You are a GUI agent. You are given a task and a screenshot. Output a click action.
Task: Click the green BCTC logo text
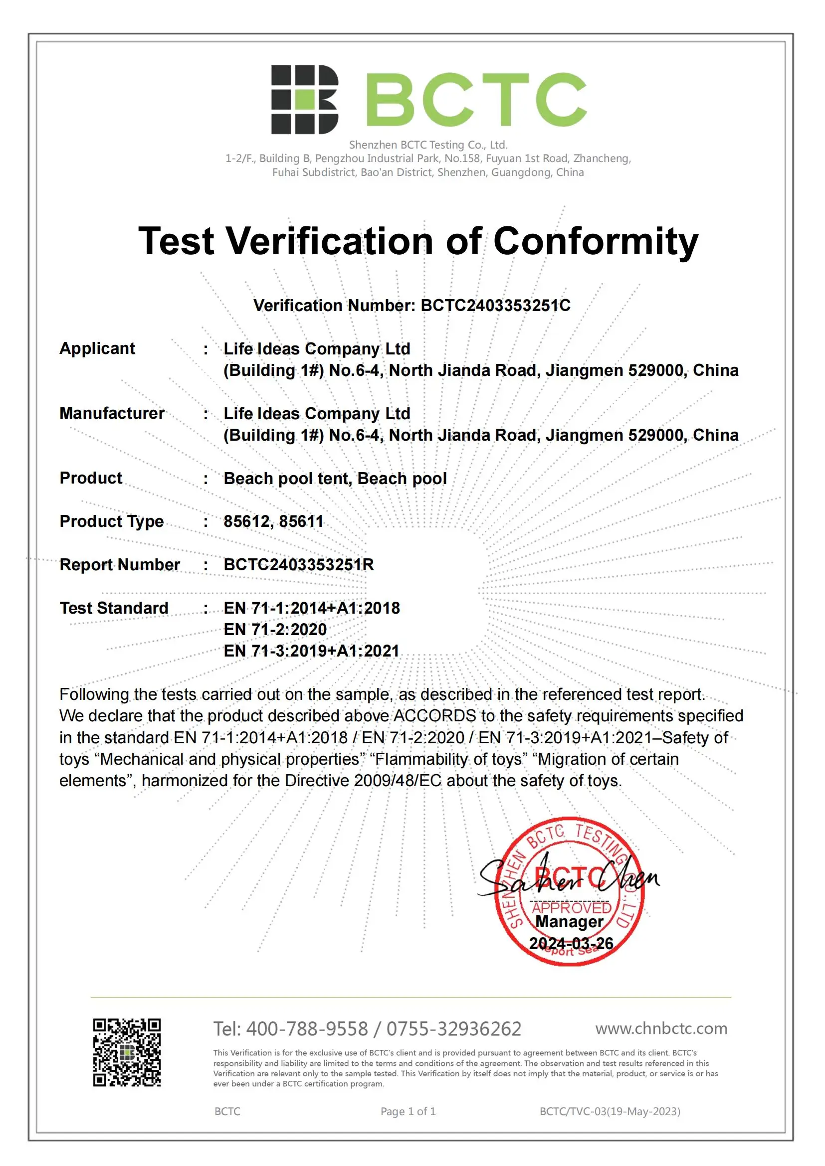(475, 99)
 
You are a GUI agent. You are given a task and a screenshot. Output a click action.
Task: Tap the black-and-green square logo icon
(304, 100)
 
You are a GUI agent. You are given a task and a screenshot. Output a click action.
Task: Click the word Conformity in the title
(596, 241)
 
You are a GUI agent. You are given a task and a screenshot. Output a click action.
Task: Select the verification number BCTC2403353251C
(495, 305)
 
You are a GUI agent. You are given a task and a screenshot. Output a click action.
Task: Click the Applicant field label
(97, 348)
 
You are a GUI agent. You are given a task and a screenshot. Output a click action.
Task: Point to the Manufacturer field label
(112, 413)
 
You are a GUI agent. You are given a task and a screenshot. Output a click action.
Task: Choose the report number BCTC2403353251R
(299, 565)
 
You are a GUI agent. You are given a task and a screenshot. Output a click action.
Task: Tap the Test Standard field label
(114, 608)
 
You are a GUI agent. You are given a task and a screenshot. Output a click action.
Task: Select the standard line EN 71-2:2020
(275, 630)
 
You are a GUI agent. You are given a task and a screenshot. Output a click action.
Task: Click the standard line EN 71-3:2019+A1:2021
(311, 651)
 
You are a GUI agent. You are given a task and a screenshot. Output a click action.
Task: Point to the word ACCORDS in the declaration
(435, 716)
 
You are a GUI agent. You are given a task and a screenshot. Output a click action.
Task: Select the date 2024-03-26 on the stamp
(571, 944)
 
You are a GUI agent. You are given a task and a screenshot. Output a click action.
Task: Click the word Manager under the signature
(570, 922)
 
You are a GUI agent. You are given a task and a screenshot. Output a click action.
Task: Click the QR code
(127, 1052)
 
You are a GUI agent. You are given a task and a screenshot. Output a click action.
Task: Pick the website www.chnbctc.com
(661, 1028)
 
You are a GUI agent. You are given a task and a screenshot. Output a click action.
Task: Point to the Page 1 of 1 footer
(408, 1112)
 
